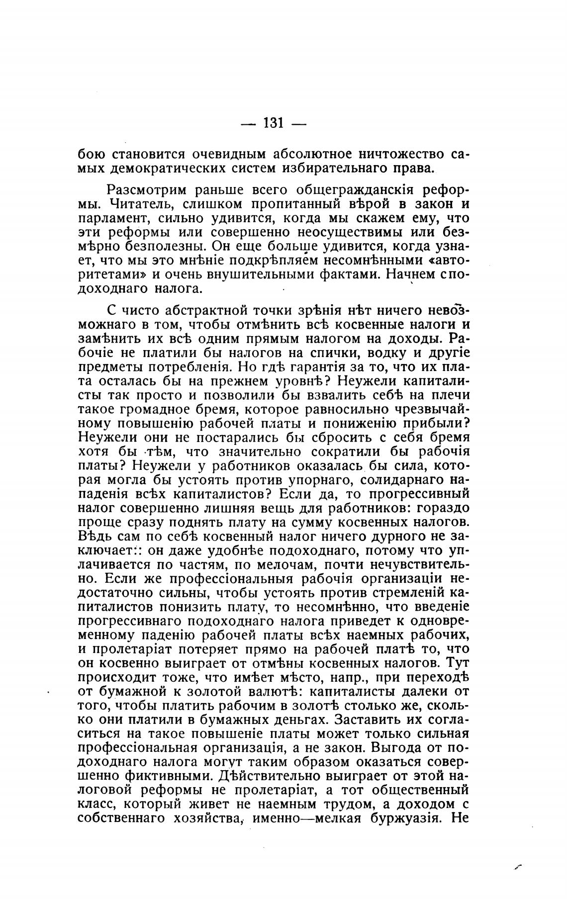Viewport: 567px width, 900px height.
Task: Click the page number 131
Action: (273, 122)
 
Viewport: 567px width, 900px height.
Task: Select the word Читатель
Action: (134, 204)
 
